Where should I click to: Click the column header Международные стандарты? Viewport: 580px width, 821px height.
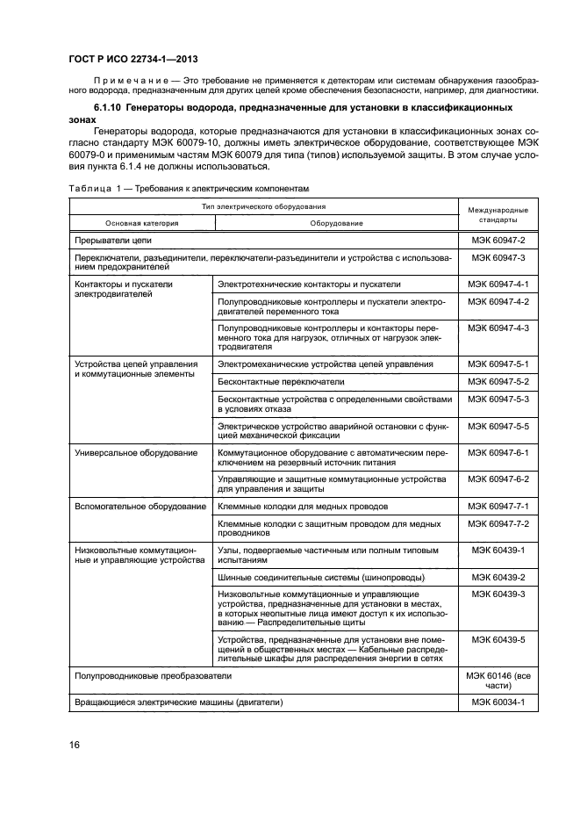click(x=497, y=216)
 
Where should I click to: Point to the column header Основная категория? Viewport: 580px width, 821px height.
click(x=142, y=223)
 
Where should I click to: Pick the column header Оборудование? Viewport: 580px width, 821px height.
click(x=336, y=223)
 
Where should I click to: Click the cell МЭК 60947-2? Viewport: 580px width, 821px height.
click(x=498, y=239)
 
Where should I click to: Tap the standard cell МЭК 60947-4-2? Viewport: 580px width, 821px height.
click(x=498, y=301)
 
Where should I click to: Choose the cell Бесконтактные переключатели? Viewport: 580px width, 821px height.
click(x=281, y=382)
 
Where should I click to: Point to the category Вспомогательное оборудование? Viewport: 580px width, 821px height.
click(x=140, y=507)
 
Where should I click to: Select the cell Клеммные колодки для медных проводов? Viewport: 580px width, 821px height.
click(x=303, y=507)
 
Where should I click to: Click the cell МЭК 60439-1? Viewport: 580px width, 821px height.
click(x=498, y=550)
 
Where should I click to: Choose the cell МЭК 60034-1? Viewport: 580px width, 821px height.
click(x=498, y=702)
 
